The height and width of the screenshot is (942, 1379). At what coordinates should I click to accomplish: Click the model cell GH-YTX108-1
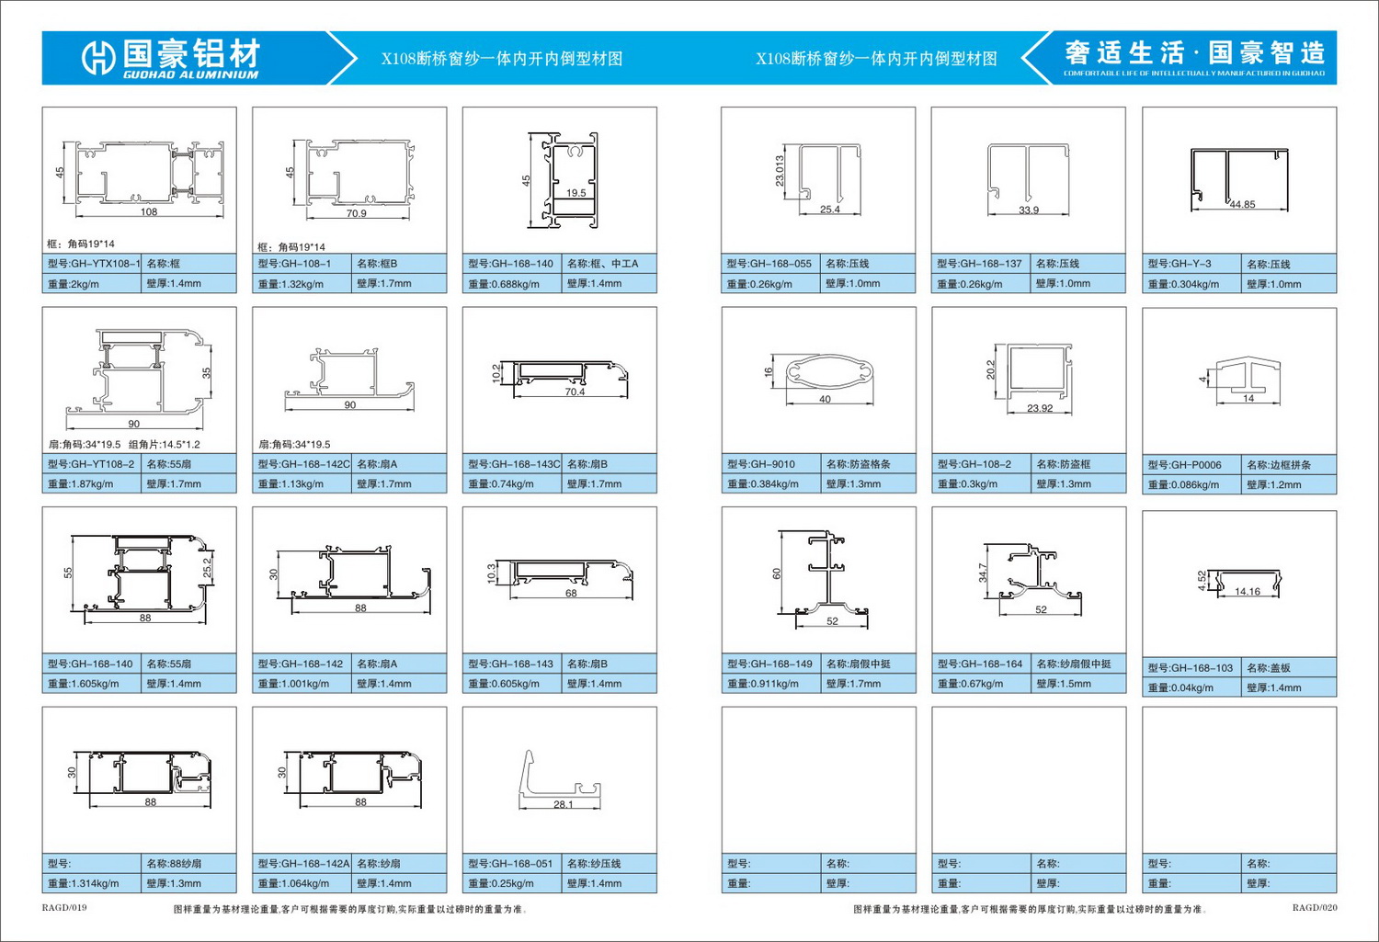click(92, 264)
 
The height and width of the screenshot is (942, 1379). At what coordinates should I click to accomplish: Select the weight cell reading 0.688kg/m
click(512, 284)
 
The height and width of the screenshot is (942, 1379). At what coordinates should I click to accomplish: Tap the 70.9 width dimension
click(356, 213)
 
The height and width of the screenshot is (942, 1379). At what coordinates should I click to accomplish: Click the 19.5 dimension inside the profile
click(576, 193)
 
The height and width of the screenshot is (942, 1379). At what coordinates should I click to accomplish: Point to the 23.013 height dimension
click(780, 171)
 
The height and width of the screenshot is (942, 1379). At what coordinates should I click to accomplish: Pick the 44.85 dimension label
click(1242, 204)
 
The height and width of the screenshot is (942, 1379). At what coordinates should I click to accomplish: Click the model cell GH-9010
click(771, 464)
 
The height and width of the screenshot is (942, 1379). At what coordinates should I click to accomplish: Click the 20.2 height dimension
click(990, 369)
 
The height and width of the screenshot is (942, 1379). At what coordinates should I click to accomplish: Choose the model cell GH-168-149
click(771, 664)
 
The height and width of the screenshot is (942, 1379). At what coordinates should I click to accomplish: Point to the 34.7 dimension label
click(983, 573)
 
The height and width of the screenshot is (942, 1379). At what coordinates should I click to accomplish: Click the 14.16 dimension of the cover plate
click(1248, 591)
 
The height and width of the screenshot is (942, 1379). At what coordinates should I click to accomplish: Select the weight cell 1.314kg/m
click(92, 883)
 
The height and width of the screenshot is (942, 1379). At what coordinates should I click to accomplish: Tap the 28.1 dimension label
click(563, 804)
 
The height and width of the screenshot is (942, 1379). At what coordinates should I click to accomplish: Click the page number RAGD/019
click(64, 908)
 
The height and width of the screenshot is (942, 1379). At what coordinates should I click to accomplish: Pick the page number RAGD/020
click(1315, 908)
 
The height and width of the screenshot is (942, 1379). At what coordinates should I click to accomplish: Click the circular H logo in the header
click(98, 58)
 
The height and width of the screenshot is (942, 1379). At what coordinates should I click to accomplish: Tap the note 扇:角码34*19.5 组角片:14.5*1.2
click(124, 444)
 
